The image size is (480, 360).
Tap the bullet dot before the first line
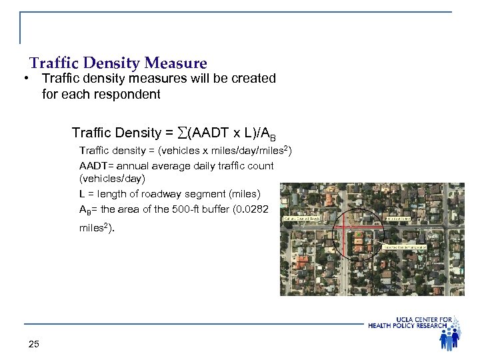[x=24, y=79]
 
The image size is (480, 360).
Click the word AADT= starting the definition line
[x=96, y=165]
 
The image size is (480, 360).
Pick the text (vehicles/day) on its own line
[x=112, y=179]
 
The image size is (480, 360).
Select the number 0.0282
[x=256, y=209]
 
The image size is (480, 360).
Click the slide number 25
[x=34, y=344]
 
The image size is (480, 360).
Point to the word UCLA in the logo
[x=405, y=319]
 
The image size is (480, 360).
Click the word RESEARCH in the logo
[x=437, y=325]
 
